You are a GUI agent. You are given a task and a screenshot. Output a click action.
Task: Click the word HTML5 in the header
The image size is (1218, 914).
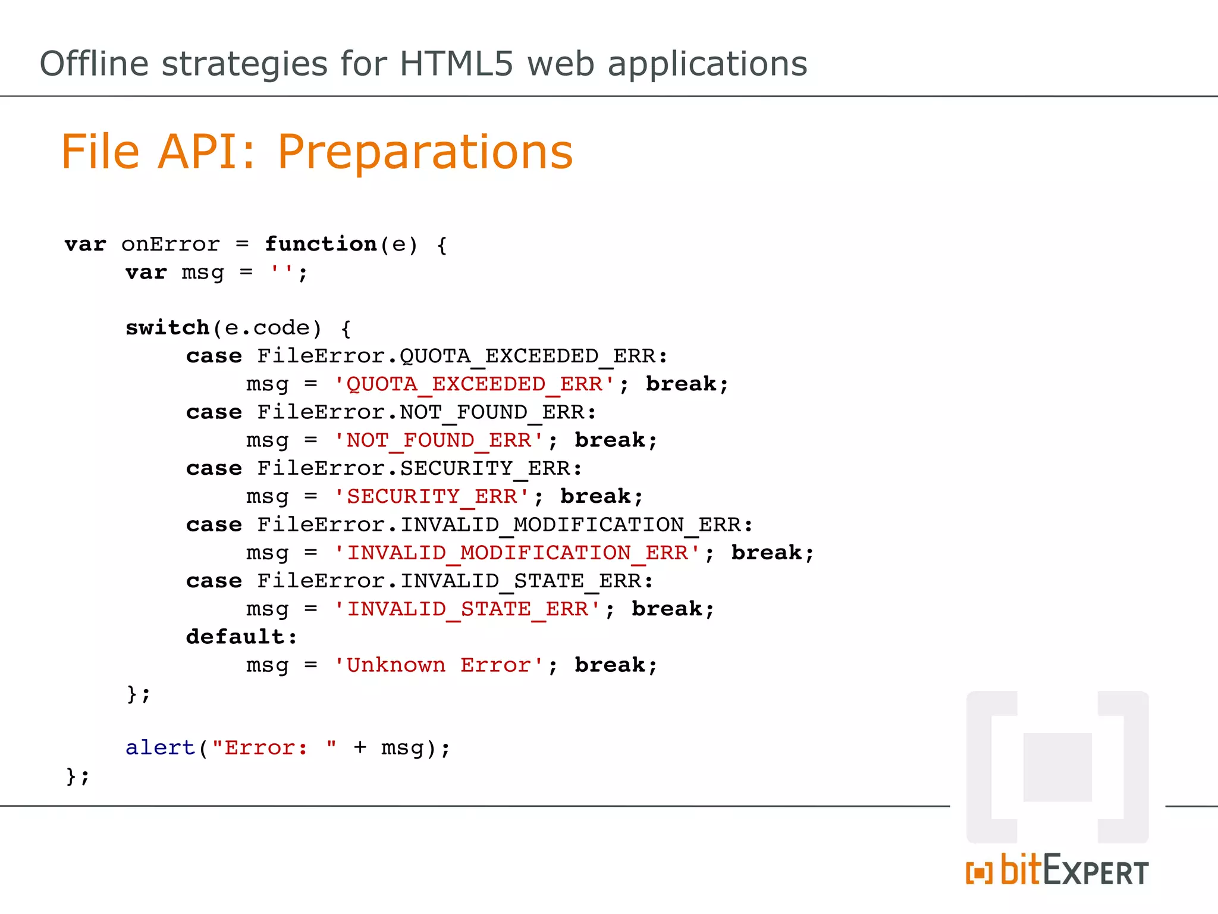(456, 64)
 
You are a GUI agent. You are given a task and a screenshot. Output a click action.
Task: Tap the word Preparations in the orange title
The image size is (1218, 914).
(425, 152)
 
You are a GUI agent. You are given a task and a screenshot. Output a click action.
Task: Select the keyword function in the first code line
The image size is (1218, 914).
(321, 244)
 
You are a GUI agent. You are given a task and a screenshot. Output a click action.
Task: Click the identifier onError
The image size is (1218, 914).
(171, 245)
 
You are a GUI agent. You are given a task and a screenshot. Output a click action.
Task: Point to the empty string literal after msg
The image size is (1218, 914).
(281, 273)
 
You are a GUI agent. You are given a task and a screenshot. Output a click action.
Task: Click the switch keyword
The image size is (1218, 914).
(167, 328)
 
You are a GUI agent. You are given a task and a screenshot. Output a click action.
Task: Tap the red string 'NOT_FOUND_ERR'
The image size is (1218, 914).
(439, 440)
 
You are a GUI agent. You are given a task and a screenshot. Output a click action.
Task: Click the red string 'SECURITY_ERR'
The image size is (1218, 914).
(432, 496)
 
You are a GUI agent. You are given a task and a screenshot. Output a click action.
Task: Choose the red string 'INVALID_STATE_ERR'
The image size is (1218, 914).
(467, 609)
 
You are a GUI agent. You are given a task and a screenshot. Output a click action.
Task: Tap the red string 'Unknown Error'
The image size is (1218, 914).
(439, 665)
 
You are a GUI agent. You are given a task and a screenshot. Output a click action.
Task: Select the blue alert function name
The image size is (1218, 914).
(160, 747)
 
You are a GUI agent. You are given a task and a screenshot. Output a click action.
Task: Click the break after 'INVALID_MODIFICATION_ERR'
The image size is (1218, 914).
(766, 553)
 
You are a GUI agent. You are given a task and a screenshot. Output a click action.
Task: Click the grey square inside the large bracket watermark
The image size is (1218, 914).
(1057, 767)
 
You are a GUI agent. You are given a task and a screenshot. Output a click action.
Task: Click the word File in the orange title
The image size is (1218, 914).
(101, 152)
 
